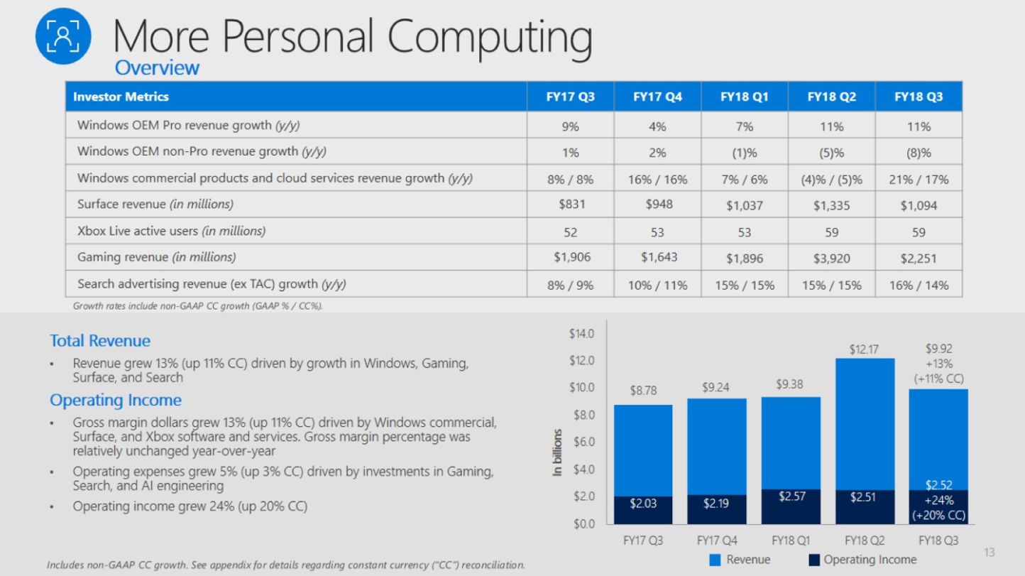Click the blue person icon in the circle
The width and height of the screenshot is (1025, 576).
[64, 36]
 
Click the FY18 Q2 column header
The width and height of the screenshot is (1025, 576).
[831, 97]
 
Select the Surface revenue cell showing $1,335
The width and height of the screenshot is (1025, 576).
[831, 206]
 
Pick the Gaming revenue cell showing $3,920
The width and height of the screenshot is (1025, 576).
[831, 259]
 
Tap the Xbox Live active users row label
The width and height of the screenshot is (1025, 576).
[171, 231]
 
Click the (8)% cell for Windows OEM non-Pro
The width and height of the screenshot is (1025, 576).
[918, 153]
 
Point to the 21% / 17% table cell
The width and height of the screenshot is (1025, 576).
[918, 179]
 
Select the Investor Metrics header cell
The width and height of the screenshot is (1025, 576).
[121, 97]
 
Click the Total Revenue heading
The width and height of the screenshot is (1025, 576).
[100, 341]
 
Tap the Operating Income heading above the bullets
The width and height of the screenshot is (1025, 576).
[116, 400]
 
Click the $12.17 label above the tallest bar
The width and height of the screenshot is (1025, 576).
[863, 350]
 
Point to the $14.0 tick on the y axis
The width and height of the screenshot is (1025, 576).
[581, 334]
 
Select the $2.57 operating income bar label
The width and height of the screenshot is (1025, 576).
[791, 496]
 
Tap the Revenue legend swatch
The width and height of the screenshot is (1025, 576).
[715, 560]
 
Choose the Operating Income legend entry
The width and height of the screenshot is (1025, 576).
[862, 560]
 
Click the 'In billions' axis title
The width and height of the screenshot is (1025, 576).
[558, 452]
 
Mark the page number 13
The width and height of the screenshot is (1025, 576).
[990, 553]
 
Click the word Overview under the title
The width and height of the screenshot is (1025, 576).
[157, 68]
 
